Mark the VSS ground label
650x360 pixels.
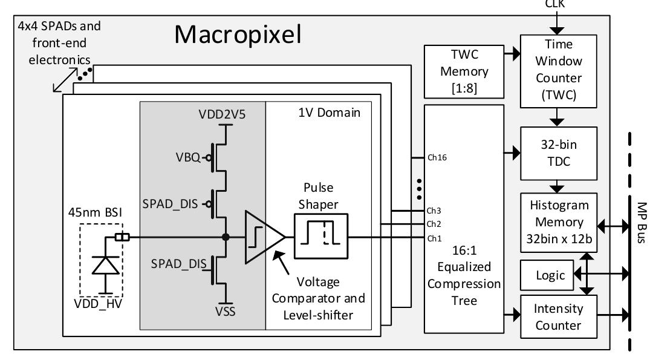pos(226,313)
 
